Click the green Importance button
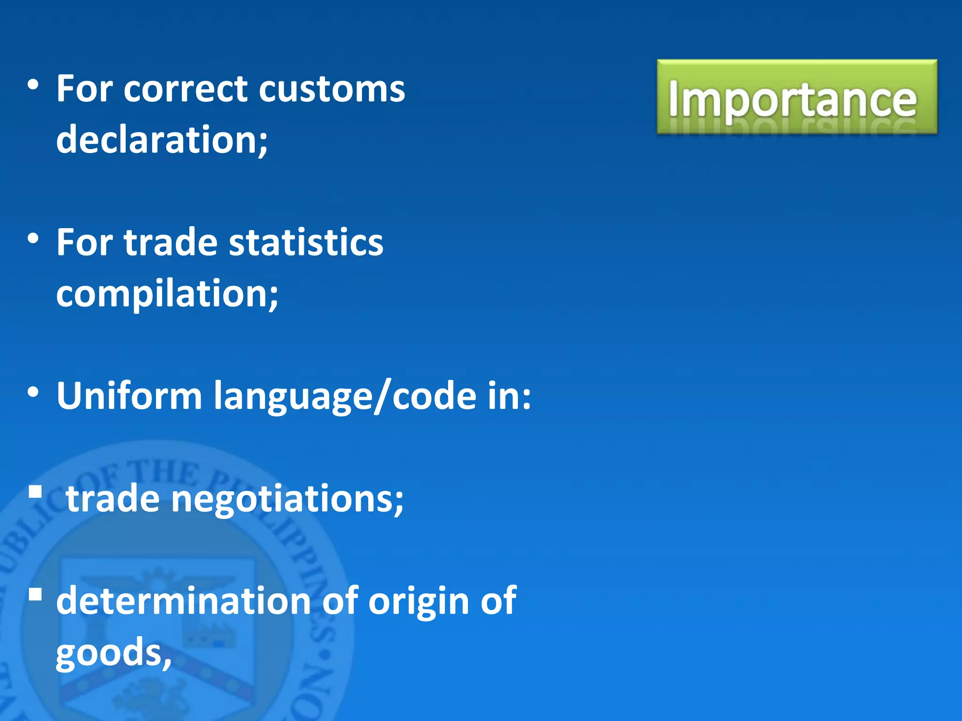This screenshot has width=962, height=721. pos(797,97)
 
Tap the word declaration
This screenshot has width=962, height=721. pos(162,139)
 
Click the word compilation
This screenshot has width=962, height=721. pos(167,293)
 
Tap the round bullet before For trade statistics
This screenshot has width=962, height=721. pos(33,239)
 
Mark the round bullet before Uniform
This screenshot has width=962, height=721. pos(33,392)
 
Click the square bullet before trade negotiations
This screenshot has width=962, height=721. pos(35,492)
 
